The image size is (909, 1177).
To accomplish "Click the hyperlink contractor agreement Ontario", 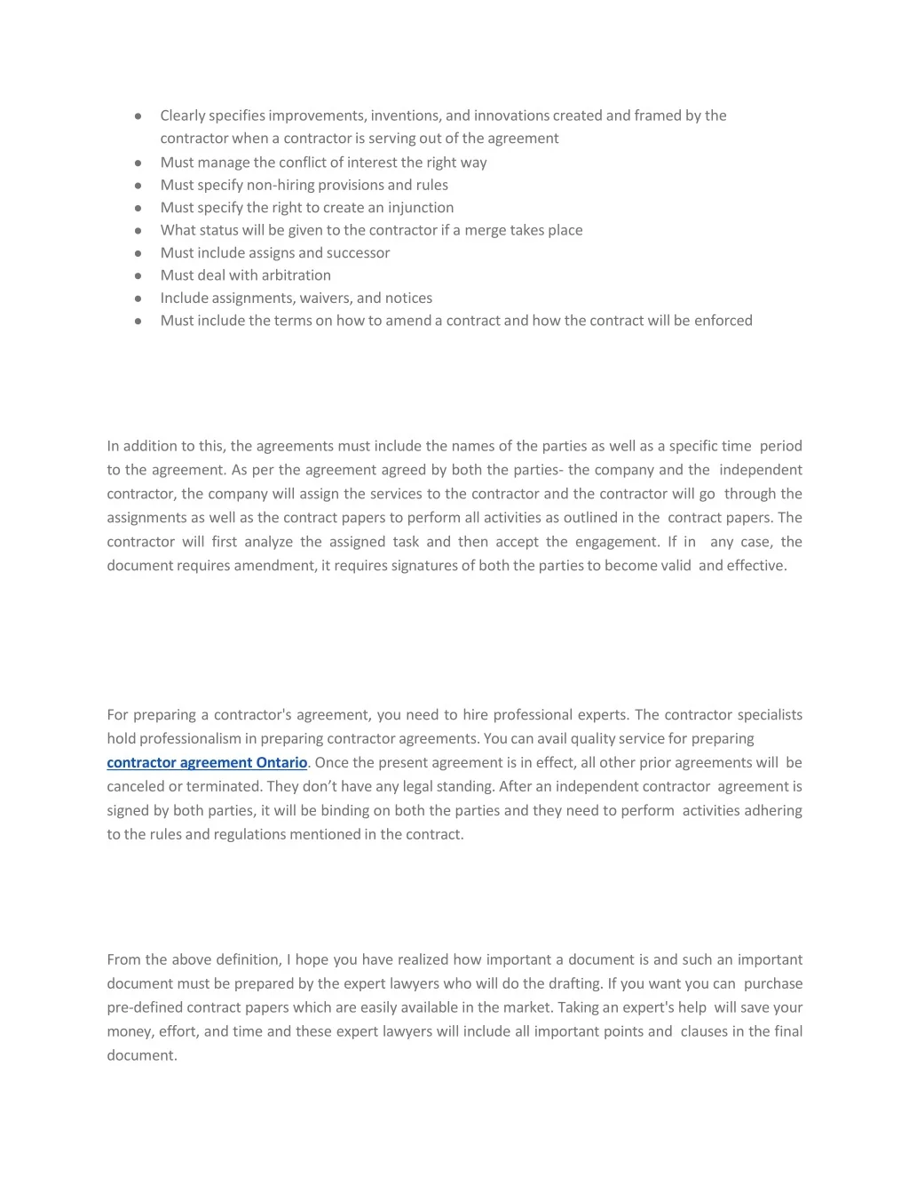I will [x=207, y=762].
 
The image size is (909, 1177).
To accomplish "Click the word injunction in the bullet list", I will [x=421, y=207].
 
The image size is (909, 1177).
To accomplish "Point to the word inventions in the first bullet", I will [x=405, y=115].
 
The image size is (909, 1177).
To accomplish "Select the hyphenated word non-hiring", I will [x=280, y=185].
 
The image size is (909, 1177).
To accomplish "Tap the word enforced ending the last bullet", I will [x=723, y=320].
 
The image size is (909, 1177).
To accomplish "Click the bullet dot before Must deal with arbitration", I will [x=138, y=275].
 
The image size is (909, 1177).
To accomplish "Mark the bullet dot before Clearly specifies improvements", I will [x=138, y=115].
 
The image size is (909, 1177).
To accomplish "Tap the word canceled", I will [x=136, y=786].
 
